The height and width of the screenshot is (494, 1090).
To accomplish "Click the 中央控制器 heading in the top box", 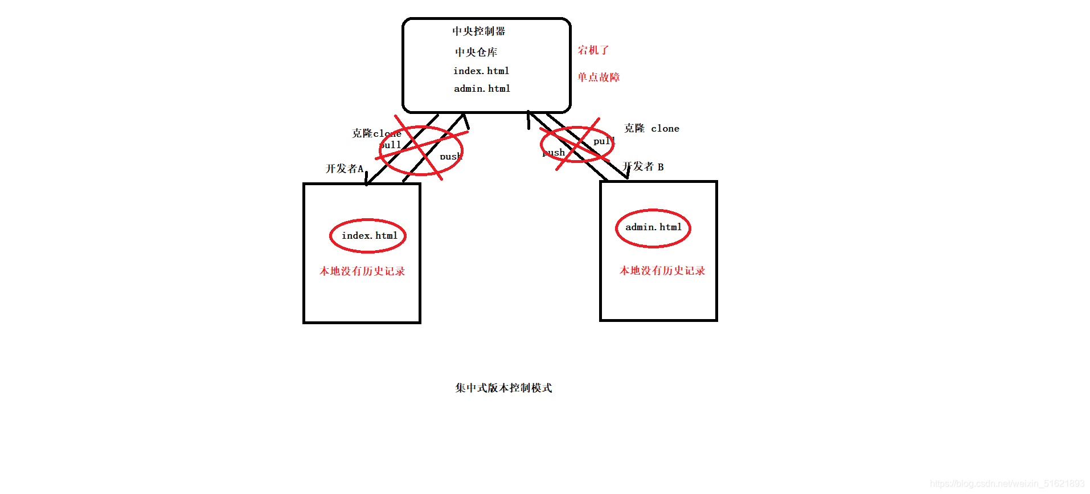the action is click(x=478, y=31).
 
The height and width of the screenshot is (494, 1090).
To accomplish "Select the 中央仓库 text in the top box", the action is click(x=476, y=52).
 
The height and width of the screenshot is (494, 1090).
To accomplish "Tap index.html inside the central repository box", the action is click(x=481, y=71).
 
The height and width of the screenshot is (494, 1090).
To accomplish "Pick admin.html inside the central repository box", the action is click(x=482, y=88).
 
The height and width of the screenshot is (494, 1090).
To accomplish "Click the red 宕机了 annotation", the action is click(x=593, y=50).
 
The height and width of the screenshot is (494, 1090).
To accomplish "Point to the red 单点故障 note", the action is click(x=599, y=77).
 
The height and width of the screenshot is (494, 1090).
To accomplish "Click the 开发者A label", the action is click(x=344, y=169).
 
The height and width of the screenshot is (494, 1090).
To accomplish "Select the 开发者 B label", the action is click(x=644, y=167).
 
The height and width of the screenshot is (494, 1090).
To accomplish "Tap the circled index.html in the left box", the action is click(x=369, y=235).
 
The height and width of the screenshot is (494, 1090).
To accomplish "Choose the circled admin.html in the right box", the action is click(x=653, y=227).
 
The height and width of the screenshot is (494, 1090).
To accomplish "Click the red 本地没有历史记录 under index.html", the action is click(x=362, y=271).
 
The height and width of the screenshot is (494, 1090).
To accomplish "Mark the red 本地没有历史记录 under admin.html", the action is click(x=662, y=271).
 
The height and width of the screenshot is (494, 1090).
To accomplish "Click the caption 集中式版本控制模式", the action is click(x=503, y=388).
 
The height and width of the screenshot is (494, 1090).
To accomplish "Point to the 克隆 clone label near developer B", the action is click(x=651, y=128).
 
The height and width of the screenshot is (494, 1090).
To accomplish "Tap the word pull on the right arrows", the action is click(x=603, y=141).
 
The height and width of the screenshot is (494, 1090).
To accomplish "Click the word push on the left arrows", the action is click(x=450, y=157).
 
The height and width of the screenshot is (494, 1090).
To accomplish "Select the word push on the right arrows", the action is click(x=554, y=153).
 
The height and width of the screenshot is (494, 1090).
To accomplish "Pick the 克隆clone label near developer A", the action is click(x=376, y=133).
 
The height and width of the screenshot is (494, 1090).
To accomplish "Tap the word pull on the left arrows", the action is click(x=391, y=145).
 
